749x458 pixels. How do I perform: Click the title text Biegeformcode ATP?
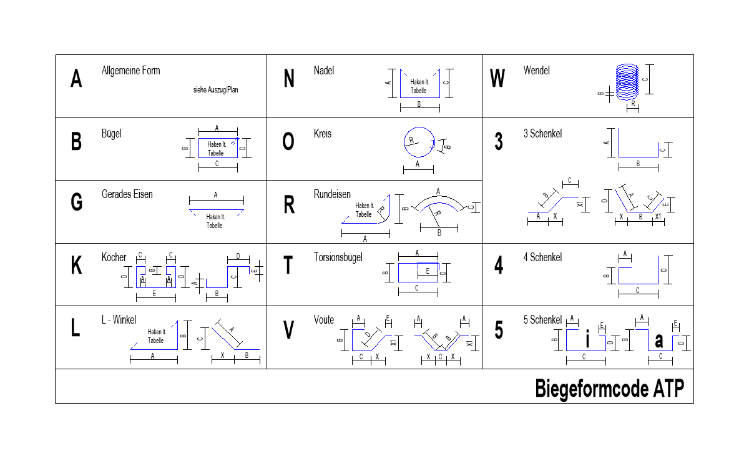pyautogui.click(x=610, y=389)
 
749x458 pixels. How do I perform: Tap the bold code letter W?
pyautogui.click(x=497, y=78)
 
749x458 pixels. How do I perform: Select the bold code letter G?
pyautogui.click(x=77, y=202)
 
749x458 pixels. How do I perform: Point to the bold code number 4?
pyautogui.click(x=499, y=265)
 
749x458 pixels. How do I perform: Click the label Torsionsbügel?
pyautogui.click(x=338, y=257)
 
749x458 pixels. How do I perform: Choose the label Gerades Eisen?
pyautogui.click(x=127, y=194)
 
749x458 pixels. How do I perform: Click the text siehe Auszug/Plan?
pyautogui.click(x=216, y=90)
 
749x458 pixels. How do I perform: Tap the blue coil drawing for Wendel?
pyautogui.click(x=627, y=82)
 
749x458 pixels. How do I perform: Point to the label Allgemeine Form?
pyautogui.click(x=130, y=71)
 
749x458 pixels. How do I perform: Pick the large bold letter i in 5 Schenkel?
pyautogui.click(x=587, y=339)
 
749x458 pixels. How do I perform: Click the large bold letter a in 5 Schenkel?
pyautogui.click(x=658, y=341)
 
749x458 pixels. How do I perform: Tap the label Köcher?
pyautogui.click(x=114, y=257)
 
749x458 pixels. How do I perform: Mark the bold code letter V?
pyautogui.click(x=288, y=330)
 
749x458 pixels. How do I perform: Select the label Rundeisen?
pyautogui.click(x=332, y=194)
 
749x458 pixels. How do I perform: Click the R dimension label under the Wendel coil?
pyautogui.click(x=633, y=104)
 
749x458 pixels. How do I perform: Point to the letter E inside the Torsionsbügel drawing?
pyautogui.click(x=428, y=271)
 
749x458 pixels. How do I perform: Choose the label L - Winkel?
pyautogui.click(x=119, y=320)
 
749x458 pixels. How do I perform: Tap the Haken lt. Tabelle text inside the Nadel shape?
pyautogui.click(x=419, y=86)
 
